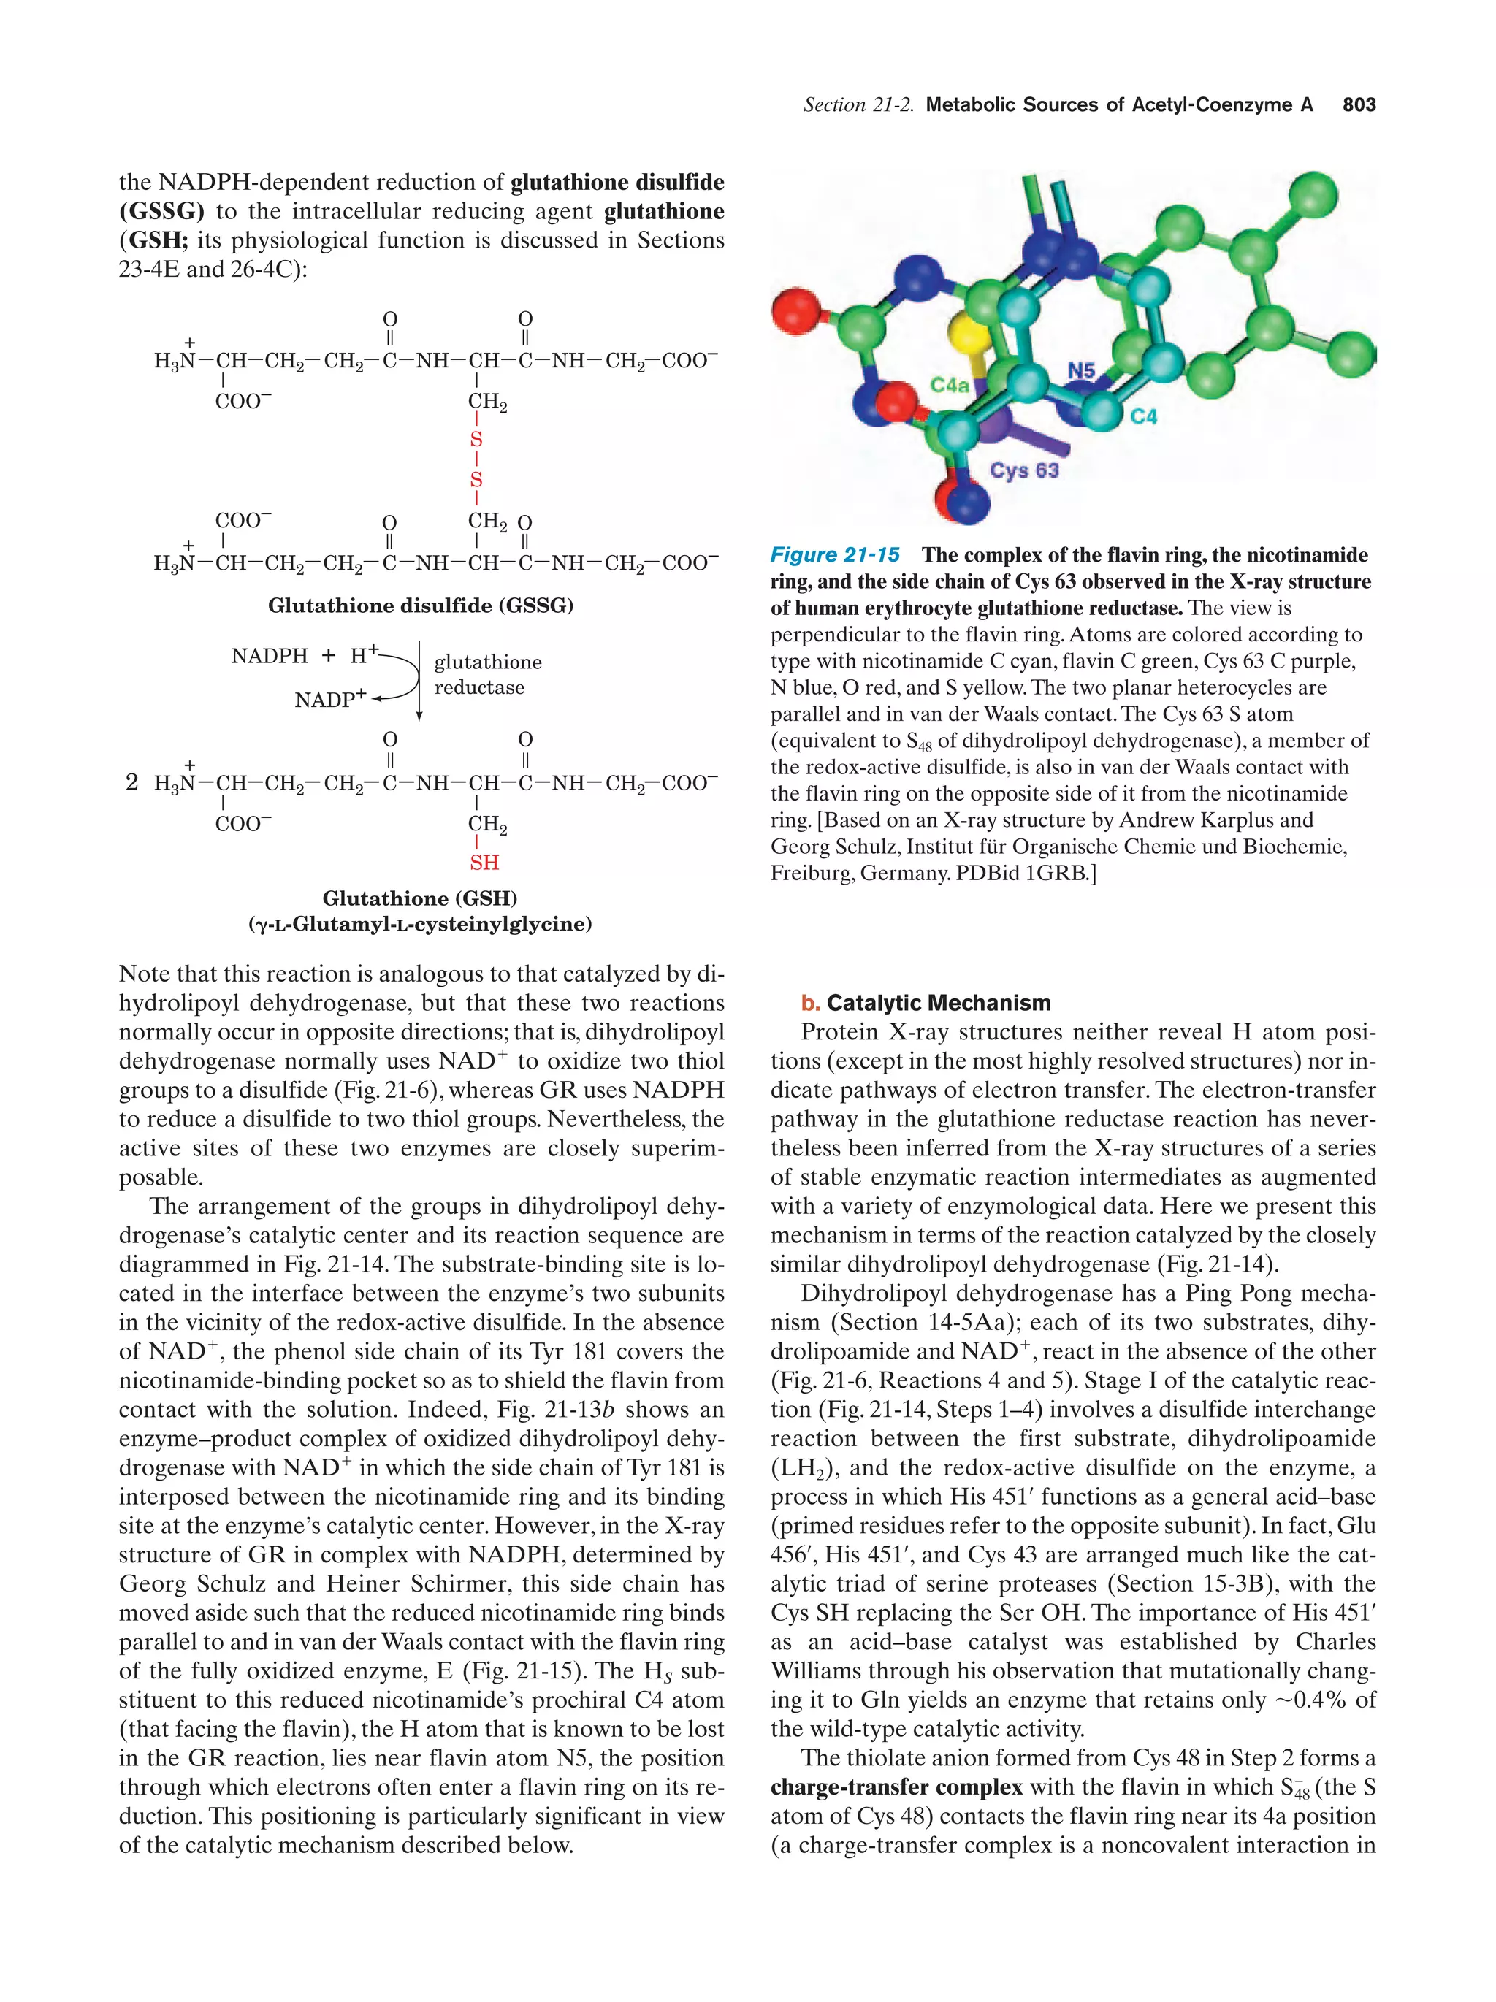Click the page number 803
[x=1359, y=105]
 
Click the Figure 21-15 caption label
[x=834, y=555]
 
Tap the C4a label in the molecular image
[x=950, y=386]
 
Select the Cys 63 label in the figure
[x=1023, y=470]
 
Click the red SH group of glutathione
[x=484, y=863]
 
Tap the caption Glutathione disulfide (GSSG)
[x=420, y=605]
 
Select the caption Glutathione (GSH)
[x=420, y=898]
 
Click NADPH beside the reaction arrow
[x=270, y=655]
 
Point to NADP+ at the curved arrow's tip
[x=330, y=700]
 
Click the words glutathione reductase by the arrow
[x=487, y=674]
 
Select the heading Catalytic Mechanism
[x=938, y=1003]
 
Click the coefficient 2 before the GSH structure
[x=132, y=782]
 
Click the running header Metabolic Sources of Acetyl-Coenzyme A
[x=1118, y=105]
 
